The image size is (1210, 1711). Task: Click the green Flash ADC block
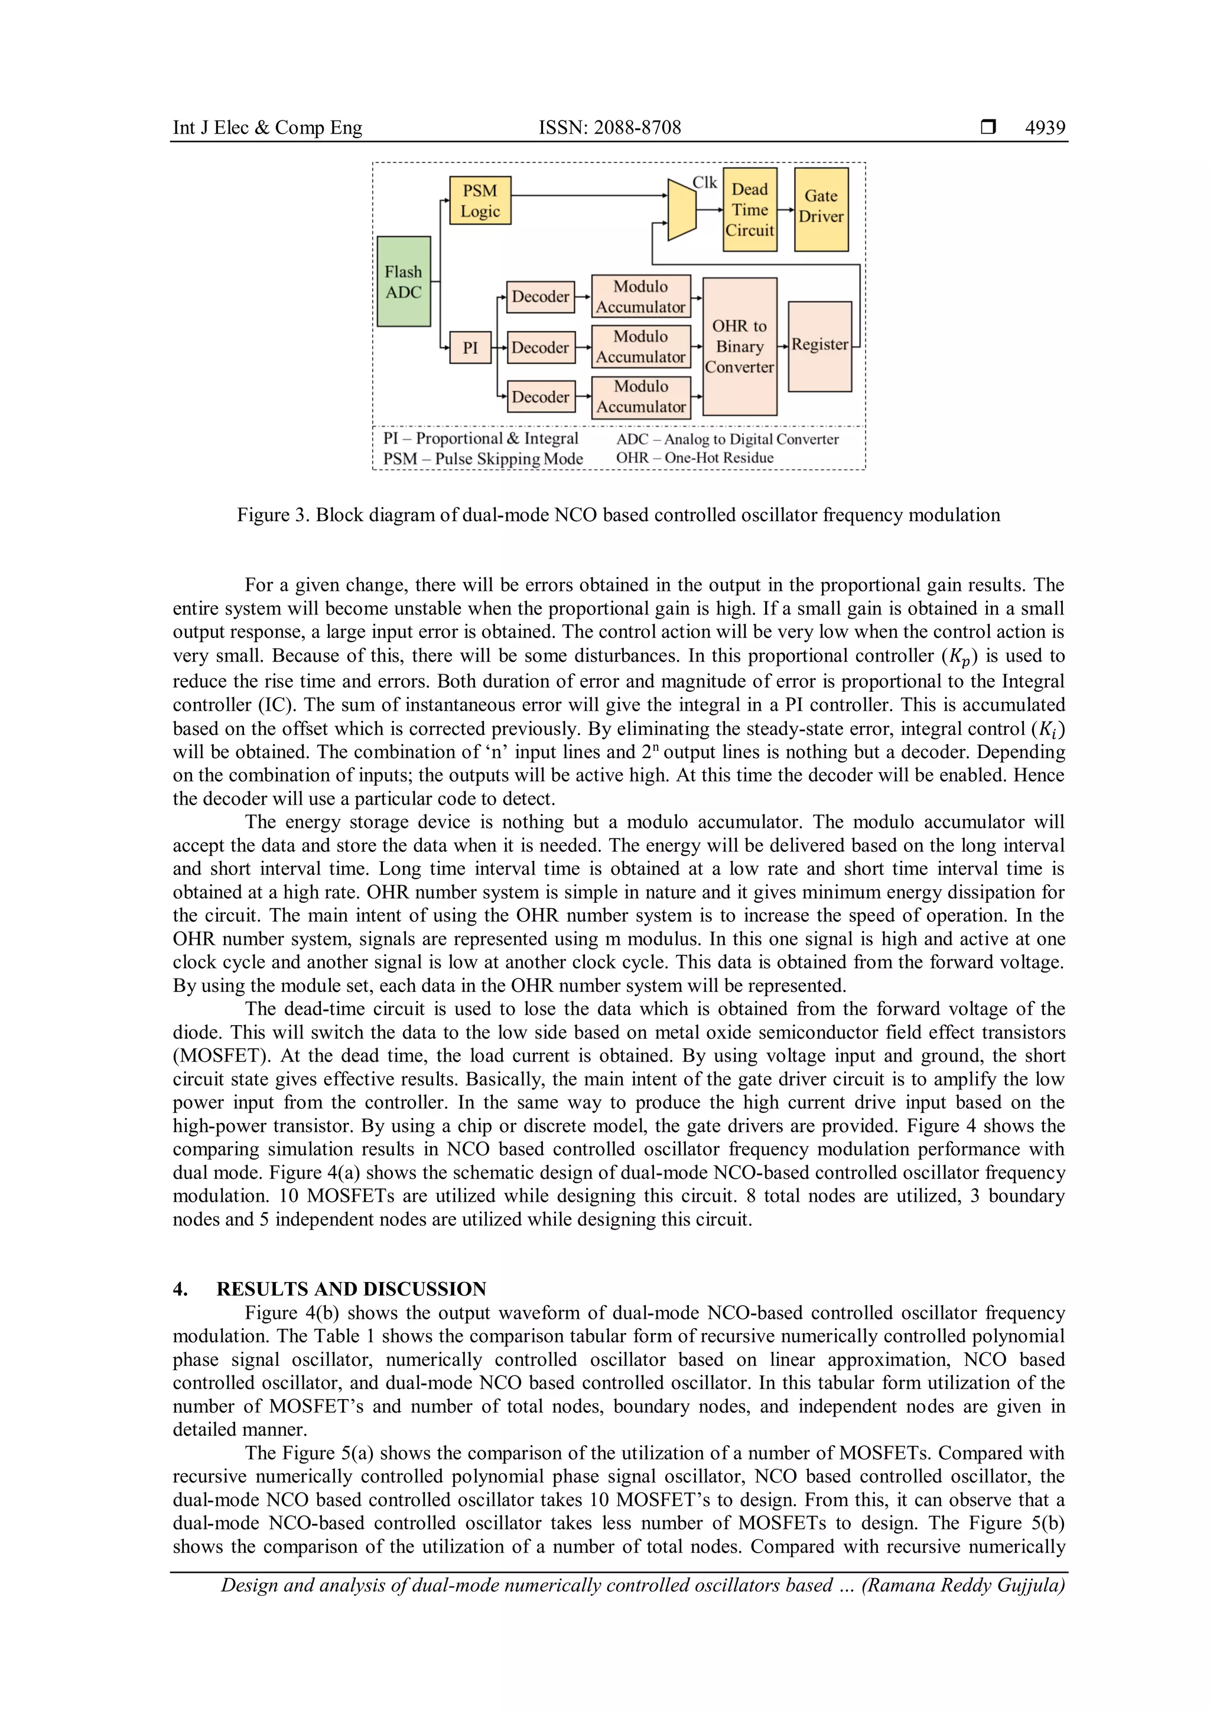[x=403, y=282]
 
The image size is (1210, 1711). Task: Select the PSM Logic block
[x=480, y=200]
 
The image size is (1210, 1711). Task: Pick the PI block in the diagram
[x=470, y=347]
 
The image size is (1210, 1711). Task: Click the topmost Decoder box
[x=540, y=297]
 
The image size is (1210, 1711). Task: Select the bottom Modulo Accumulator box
[x=641, y=397]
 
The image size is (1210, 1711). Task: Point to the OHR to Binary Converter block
[x=739, y=347]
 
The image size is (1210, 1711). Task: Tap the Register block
[x=819, y=346]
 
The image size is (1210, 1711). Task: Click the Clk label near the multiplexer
[x=704, y=183]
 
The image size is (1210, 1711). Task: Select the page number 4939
[x=1045, y=128]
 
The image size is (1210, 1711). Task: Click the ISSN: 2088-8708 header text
[x=610, y=128]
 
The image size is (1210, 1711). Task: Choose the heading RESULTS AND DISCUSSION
[x=351, y=1289]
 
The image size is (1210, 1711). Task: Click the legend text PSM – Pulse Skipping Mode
[x=483, y=459]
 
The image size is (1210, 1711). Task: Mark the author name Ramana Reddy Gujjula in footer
[x=962, y=1585]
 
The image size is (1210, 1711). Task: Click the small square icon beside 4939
[x=988, y=128]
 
